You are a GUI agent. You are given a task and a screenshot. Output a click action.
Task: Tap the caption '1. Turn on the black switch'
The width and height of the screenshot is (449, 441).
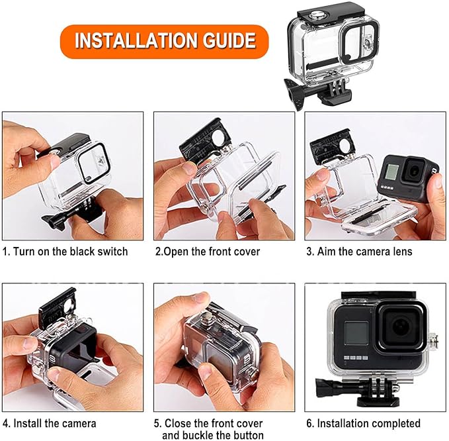(x=65, y=252)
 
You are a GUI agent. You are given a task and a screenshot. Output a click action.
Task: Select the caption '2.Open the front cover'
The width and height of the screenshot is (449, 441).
(x=208, y=252)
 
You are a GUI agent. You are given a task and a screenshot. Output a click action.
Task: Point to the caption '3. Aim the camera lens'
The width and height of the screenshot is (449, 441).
(x=359, y=252)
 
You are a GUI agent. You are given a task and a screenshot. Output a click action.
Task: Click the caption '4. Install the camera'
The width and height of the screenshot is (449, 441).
(x=50, y=423)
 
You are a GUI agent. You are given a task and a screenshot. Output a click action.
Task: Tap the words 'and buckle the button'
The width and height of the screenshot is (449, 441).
(x=212, y=435)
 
